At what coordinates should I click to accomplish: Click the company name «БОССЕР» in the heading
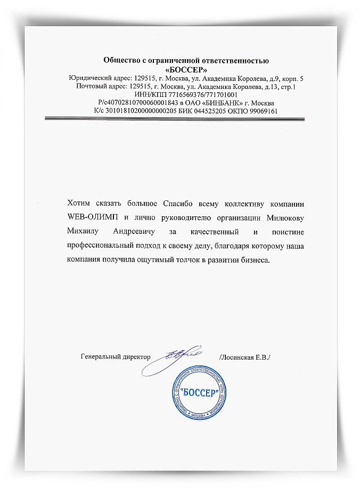pyautogui.click(x=186, y=69)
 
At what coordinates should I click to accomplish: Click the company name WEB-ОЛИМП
pyautogui.click(x=91, y=217)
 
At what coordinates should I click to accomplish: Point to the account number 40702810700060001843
pyautogui.click(x=142, y=103)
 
